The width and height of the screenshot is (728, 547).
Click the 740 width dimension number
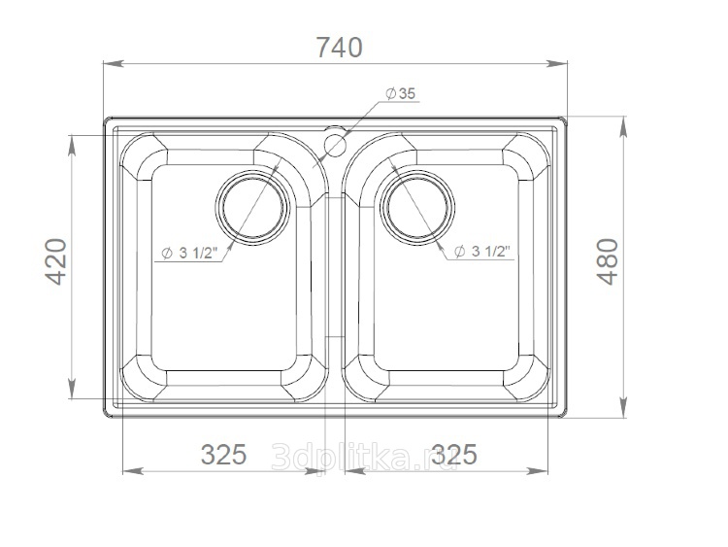click(x=339, y=48)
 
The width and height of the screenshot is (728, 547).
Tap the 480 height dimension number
click(x=608, y=261)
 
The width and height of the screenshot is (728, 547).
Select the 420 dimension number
click(x=55, y=261)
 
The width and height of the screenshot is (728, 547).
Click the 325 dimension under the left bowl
click(x=223, y=454)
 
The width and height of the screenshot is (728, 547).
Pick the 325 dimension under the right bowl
click(x=454, y=454)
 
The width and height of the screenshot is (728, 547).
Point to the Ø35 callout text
click(x=400, y=94)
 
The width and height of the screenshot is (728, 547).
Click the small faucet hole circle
click(x=335, y=145)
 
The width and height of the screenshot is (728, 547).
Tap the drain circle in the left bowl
click(x=252, y=207)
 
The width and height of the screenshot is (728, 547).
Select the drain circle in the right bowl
click(x=417, y=207)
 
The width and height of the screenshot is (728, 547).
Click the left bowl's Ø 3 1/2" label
click(x=189, y=254)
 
